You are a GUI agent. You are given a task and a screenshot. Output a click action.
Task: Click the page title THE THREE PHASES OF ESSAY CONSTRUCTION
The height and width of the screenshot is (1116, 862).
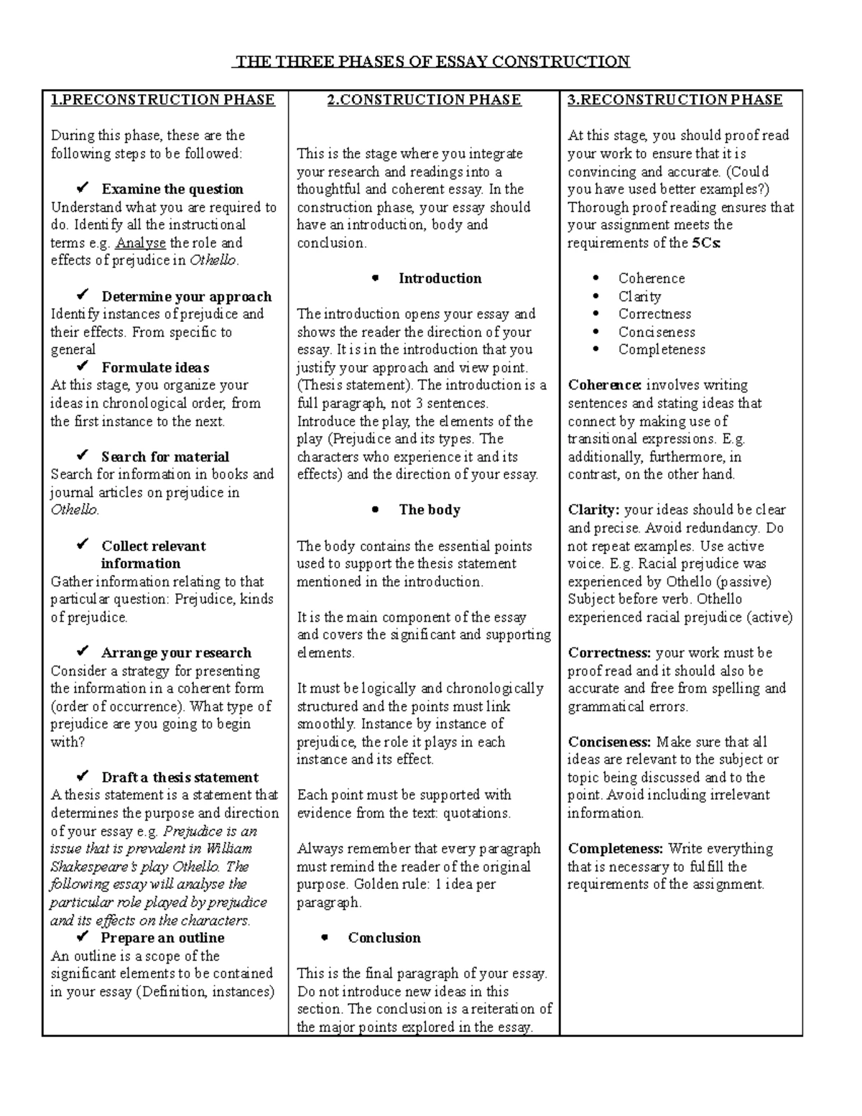click(431, 62)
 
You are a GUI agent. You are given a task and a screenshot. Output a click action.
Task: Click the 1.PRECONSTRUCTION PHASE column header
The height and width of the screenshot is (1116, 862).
click(162, 100)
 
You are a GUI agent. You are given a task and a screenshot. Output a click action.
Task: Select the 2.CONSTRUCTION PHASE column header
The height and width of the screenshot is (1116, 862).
click(424, 100)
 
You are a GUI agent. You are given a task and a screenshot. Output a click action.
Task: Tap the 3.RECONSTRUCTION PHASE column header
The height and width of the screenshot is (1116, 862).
click(675, 100)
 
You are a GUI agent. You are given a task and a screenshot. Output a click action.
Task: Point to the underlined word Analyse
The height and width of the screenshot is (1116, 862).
click(140, 243)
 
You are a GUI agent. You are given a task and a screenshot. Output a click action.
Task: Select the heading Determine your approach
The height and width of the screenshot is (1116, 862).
click(186, 296)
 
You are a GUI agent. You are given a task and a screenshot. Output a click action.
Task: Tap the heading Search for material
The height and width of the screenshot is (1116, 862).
click(165, 456)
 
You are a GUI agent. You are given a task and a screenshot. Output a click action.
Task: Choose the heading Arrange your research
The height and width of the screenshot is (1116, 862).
click(176, 652)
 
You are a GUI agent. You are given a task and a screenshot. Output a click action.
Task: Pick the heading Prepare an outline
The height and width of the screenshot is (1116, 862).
click(162, 938)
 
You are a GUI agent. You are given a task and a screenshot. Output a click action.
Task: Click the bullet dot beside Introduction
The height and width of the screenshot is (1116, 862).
click(374, 278)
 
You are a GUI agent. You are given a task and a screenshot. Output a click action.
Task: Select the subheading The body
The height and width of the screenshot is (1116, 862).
click(430, 509)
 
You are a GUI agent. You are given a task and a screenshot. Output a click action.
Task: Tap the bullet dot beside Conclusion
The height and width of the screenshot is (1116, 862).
click(324, 938)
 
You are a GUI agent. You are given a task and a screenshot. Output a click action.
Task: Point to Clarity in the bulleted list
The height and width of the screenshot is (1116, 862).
click(639, 296)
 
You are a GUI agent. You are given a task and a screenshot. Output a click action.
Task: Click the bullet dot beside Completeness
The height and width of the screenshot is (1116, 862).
click(595, 350)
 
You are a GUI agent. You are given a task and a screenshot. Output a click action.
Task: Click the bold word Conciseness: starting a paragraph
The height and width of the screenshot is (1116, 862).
click(609, 742)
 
